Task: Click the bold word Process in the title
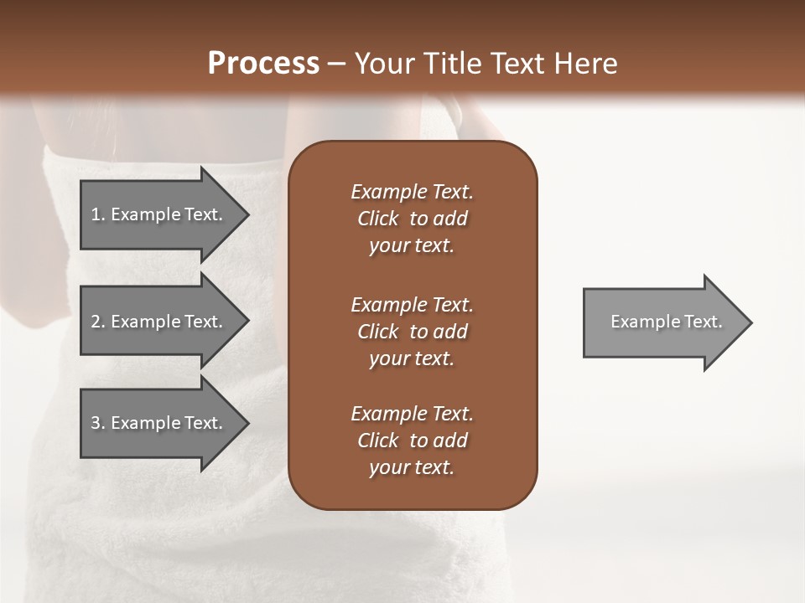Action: [263, 64]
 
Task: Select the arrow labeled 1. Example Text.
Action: [159, 214]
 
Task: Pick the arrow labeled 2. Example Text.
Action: [159, 322]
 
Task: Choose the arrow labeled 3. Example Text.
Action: [159, 423]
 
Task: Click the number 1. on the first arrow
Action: [98, 214]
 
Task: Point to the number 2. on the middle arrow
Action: [98, 322]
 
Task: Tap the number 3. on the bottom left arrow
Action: [98, 423]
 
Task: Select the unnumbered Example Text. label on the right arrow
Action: [666, 322]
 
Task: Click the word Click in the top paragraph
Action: [378, 219]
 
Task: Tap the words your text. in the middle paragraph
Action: [412, 358]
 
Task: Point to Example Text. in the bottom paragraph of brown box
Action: [412, 414]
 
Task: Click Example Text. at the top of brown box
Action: [412, 192]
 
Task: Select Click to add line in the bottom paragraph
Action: [412, 441]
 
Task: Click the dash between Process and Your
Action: [336, 64]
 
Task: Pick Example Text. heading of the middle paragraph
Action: [412, 305]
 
